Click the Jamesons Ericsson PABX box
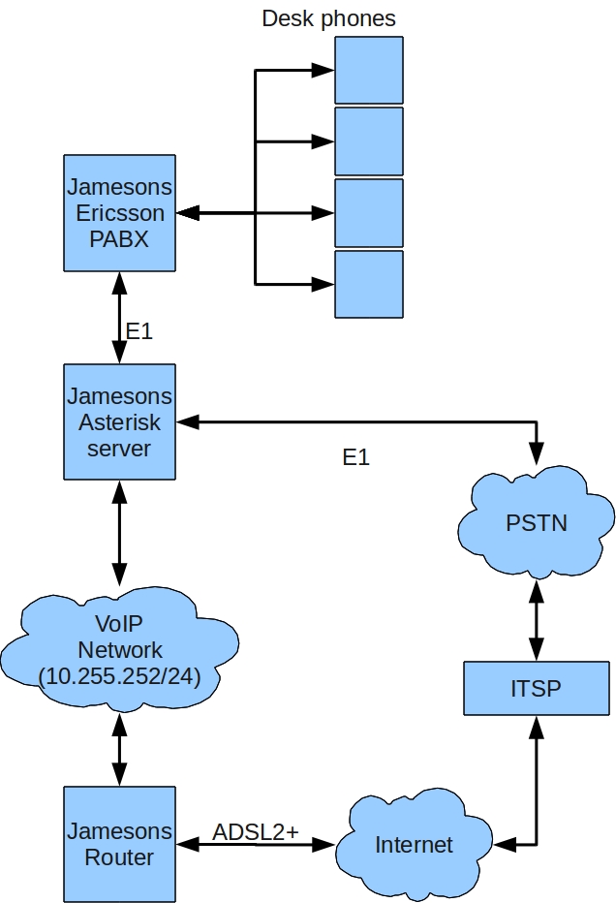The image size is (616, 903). pyautogui.click(x=119, y=212)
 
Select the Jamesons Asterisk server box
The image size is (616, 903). pyautogui.click(x=119, y=421)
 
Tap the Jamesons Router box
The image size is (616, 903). pyautogui.click(x=119, y=843)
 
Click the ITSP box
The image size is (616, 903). pyautogui.click(x=536, y=689)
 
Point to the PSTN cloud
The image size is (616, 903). pyautogui.click(x=536, y=523)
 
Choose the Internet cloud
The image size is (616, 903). pyautogui.click(x=414, y=844)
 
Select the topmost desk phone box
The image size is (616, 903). pyautogui.click(x=368, y=70)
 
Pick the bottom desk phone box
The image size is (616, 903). pyautogui.click(x=368, y=284)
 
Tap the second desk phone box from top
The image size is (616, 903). pyautogui.click(x=368, y=140)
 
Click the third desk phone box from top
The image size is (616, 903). pyautogui.click(x=368, y=212)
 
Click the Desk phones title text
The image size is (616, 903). pyautogui.click(x=328, y=18)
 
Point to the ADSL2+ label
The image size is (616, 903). pyautogui.click(x=256, y=831)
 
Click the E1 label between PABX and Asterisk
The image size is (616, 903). pyautogui.click(x=139, y=331)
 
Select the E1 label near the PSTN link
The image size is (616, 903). pyautogui.click(x=356, y=457)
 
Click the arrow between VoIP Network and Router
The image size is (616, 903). pyautogui.click(x=120, y=745)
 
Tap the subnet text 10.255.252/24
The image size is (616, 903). pyautogui.click(x=119, y=676)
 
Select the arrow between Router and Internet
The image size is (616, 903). pyautogui.click(x=256, y=846)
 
